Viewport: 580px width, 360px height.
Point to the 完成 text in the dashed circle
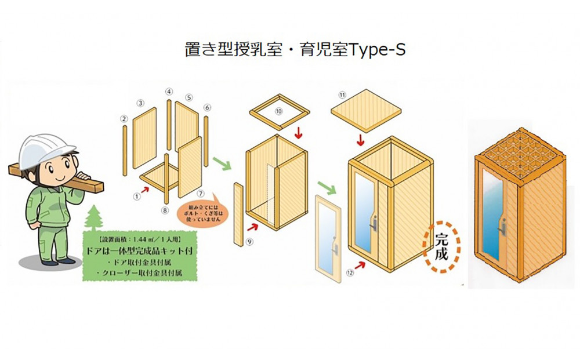tap(441, 246)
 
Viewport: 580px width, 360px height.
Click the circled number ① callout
tap(137, 196)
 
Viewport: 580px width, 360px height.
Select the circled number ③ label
tap(140, 103)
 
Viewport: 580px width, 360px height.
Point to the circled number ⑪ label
tap(342, 94)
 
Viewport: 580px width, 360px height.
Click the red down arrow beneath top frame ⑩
tap(299, 133)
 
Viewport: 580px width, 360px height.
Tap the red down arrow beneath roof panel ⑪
tap(361, 140)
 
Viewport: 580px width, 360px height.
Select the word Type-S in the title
tap(378, 50)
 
